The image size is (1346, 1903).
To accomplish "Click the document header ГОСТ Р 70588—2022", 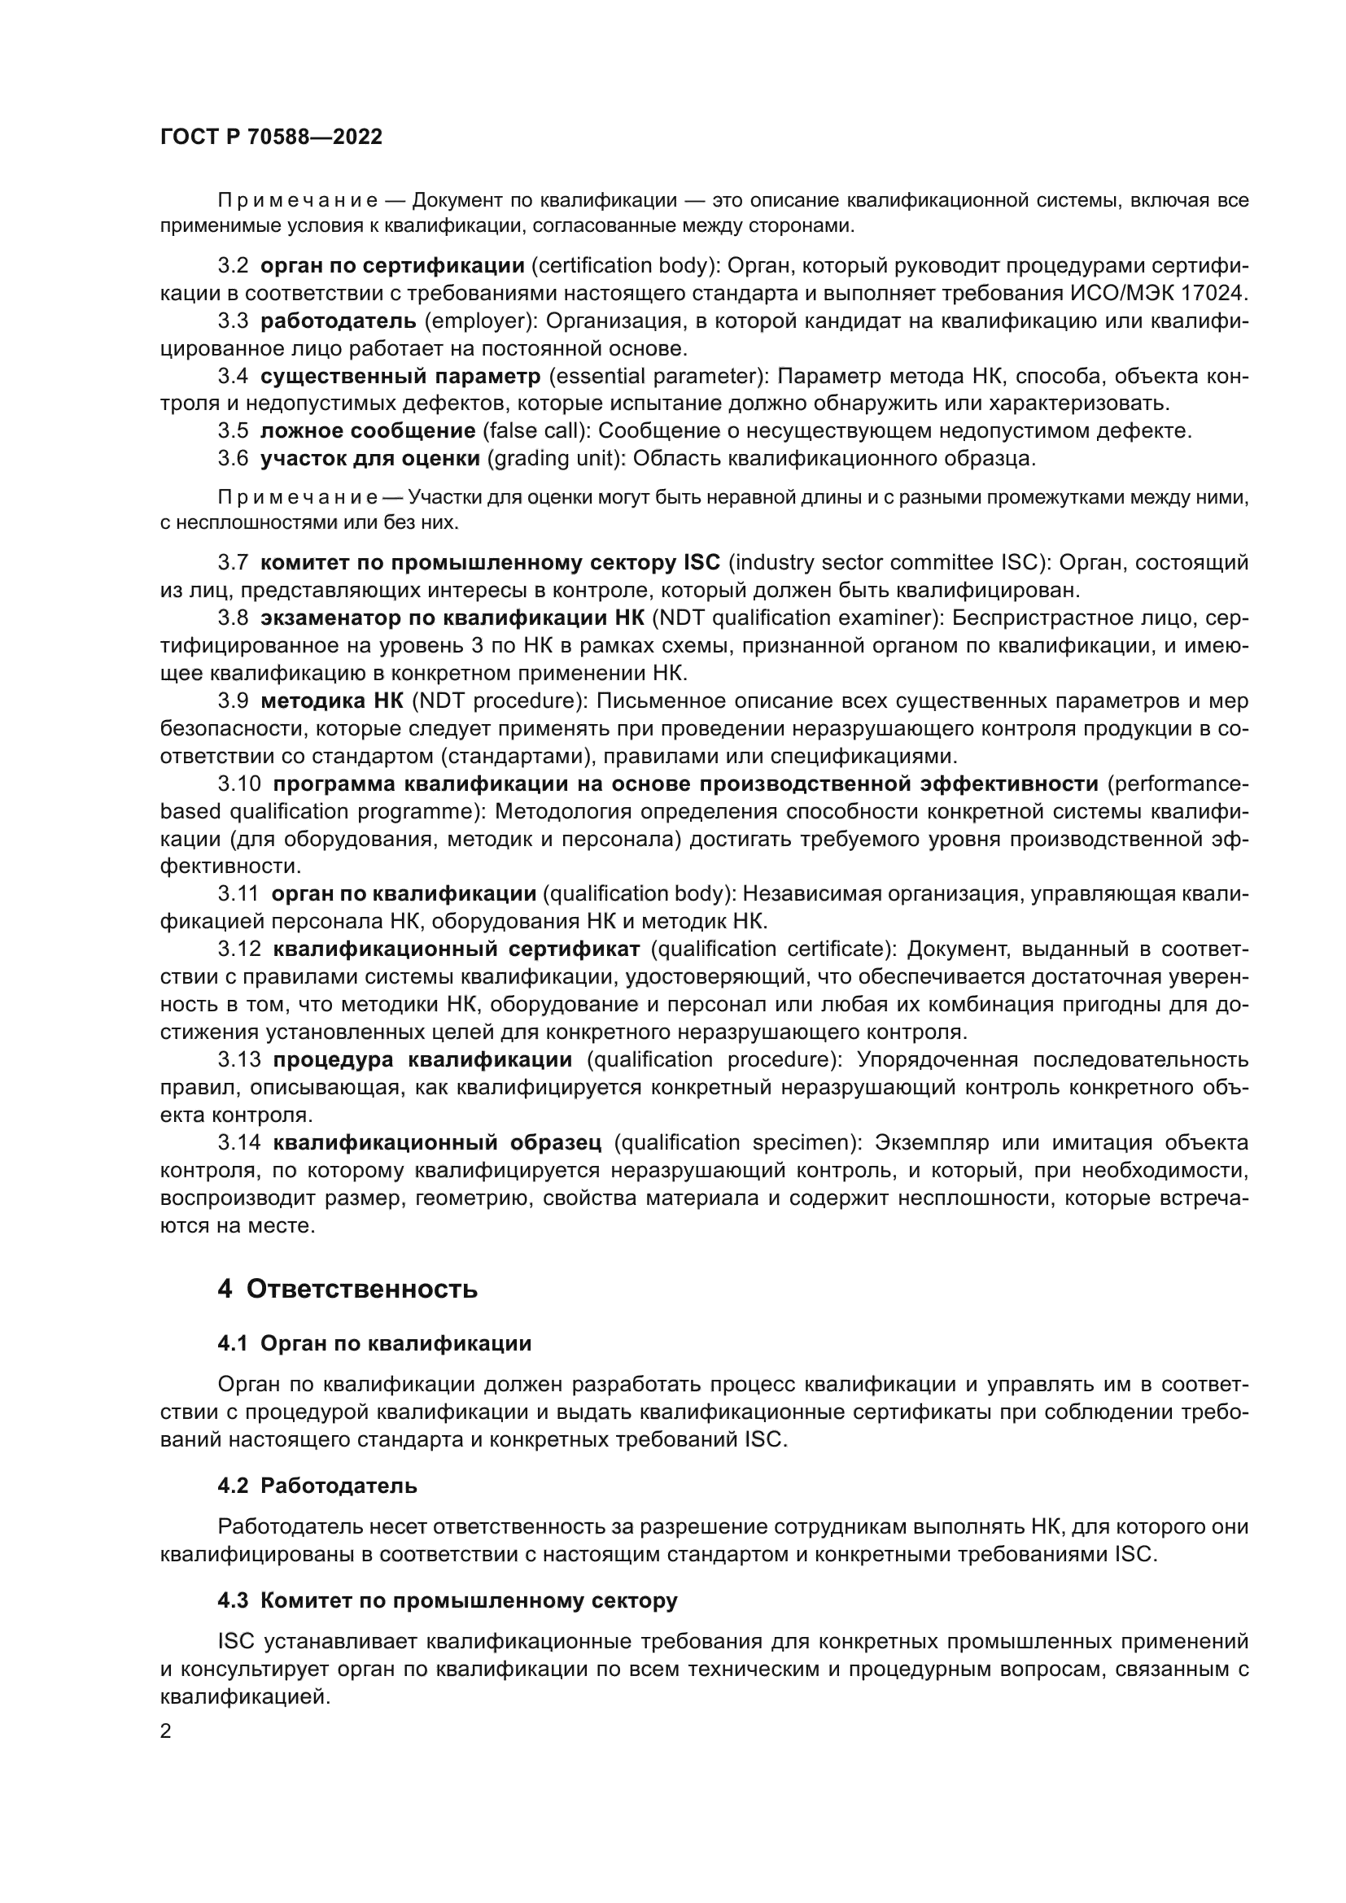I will (x=271, y=137).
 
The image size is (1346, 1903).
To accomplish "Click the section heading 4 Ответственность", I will (x=347, y=1289).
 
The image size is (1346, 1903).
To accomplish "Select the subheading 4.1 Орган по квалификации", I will (x=374, y=1343).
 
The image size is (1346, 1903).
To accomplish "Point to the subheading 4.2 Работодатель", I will (x=317, y=1486).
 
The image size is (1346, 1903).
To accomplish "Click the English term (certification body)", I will (x=623, y=266).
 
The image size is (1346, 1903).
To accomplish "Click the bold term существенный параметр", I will (x=400, y=377).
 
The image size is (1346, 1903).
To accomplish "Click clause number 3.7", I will (x=233, y=563).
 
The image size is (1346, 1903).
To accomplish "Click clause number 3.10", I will (x=238, y=784).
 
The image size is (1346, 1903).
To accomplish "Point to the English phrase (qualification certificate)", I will (x=770, y=949).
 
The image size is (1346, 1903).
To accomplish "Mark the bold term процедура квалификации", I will (x=422, y=1060).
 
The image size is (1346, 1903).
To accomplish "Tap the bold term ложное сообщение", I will (x=368, y=431).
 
